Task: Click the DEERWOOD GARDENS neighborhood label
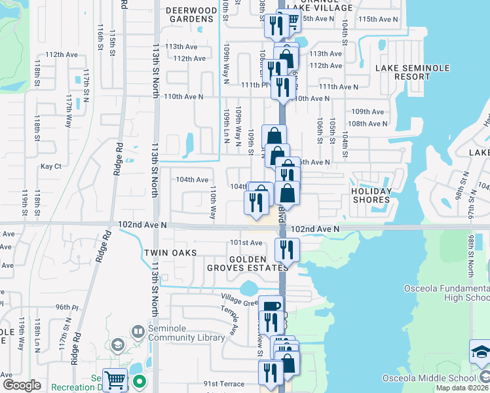(x=191, y=15)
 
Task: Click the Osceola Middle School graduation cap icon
(x=480, y=352)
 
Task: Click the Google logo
(x=22, y=384)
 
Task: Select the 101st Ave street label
(x=246, y=243)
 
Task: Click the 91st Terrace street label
(x=223, y=384)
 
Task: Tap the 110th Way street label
(x=213, y=203)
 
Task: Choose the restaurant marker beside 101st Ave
(x=287, y=249)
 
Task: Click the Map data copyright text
(x=462, y=388)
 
